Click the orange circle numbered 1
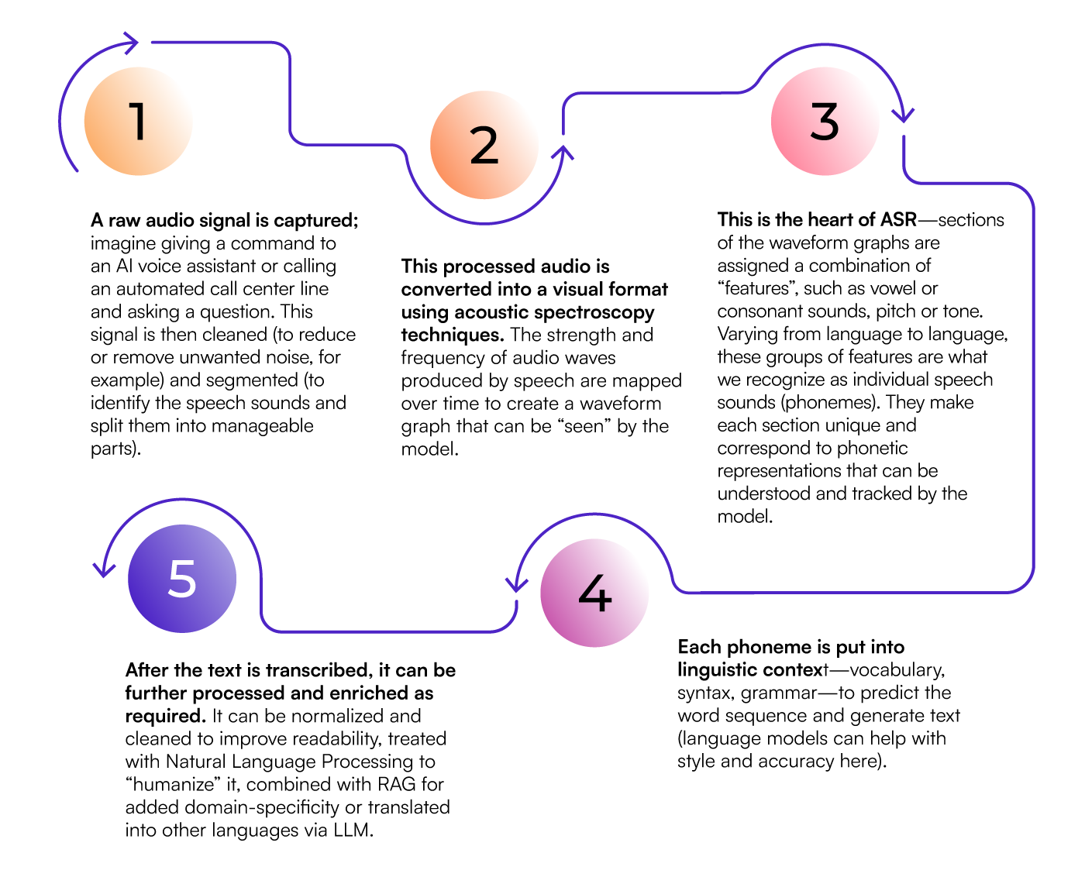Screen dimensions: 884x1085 [138, 121]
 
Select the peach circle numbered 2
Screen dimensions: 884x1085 [484, 145]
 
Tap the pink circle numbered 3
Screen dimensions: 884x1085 [825, 121]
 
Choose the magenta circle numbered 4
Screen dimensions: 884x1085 [594, 593]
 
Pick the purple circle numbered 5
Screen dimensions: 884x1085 [182, 579]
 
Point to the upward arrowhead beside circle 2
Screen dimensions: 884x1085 [563, 151]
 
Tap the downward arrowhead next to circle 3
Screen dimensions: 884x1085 [903, 116]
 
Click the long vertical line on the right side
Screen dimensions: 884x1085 [1034, 387]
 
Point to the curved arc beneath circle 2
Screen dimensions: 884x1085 [484, 223]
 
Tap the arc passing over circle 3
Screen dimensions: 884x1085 [825, 45]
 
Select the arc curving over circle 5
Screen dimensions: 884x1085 [182, 499]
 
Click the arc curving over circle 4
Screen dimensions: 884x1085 [594, 514]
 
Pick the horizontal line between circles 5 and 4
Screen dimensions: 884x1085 [387, 631]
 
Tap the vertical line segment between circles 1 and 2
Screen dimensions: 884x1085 [290, 93]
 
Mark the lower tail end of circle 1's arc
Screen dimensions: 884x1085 [76, 169]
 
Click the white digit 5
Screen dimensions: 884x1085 [182, 579]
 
